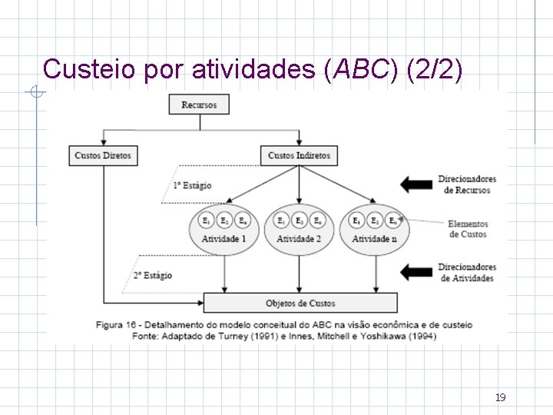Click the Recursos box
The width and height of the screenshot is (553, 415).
[199, 105]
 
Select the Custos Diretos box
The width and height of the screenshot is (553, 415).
[103, 155]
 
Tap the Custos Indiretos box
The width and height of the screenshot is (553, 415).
[299, 155]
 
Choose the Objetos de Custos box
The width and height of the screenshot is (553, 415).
[300, 303]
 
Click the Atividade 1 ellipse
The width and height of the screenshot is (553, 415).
[224, 231]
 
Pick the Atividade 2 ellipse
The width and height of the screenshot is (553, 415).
[299, 231]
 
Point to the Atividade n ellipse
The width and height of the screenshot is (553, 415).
[374, 231]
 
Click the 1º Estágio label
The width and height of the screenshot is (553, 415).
[192, 186]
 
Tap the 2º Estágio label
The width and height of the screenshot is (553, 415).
[152, 275]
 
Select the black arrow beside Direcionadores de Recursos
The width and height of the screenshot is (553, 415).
[416, 184]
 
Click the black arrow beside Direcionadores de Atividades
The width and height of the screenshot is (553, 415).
[416, 271]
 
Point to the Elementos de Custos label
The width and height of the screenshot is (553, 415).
[468, 229]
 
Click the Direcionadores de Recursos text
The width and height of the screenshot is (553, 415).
[467, 184]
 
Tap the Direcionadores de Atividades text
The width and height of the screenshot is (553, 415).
[467, 272]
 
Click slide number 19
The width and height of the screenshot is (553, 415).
[500, 397]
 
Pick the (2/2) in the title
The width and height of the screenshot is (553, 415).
[435, 69]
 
